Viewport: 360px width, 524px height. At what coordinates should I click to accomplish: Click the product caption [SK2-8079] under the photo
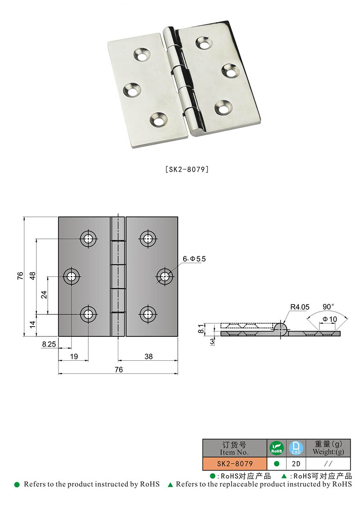pyautogui.click(x=186, y=170)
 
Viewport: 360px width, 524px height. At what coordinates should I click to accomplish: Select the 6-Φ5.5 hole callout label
pyautogui.click(x=193, y=259)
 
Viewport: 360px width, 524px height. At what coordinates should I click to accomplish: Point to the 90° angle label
pyautogui.click(x=328, y=306)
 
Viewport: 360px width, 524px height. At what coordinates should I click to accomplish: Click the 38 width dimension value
pyautogui.click(x=148, y=356)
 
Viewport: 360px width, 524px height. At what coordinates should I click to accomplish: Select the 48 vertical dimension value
pyautogui.click(x=32, y=276)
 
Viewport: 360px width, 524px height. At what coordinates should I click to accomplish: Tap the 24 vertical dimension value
pyautogui.click(x=44, y=294)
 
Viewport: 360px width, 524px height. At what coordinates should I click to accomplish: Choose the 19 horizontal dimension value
pyautogui.click(x=74, y=356)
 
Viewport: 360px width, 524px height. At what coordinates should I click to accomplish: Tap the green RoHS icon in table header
pyautogui.click(x=276, y=448)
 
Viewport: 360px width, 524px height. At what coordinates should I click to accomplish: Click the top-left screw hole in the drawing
pyautogui.click(x=88, y=238)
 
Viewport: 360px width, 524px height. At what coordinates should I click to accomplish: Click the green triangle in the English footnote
pyautogui.click(x=171, y=485)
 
